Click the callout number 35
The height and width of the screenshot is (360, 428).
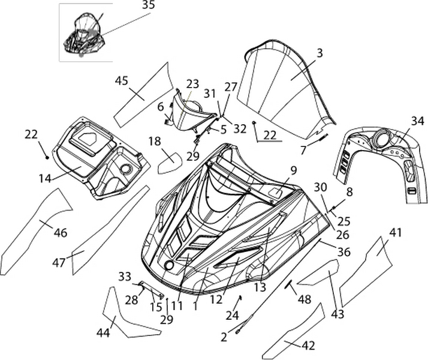point(148,5)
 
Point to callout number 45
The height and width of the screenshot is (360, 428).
point(122,81)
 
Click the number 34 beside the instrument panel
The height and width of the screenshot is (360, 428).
point(417,121)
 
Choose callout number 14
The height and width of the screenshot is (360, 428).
point(44,178)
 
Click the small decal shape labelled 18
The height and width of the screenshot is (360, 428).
point(170,161)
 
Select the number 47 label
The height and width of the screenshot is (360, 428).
point(59,262)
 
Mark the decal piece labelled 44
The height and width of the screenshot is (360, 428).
point(123,318)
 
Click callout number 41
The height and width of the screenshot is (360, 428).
point(396,232)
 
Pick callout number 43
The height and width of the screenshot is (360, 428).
point(337,314)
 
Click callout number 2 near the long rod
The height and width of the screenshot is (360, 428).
point(224,337)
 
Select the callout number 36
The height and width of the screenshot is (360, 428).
point(343,253)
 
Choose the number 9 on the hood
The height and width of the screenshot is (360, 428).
point(294,170)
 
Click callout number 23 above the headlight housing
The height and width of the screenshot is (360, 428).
point(192,83)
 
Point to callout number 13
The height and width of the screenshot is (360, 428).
point(260,287)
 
